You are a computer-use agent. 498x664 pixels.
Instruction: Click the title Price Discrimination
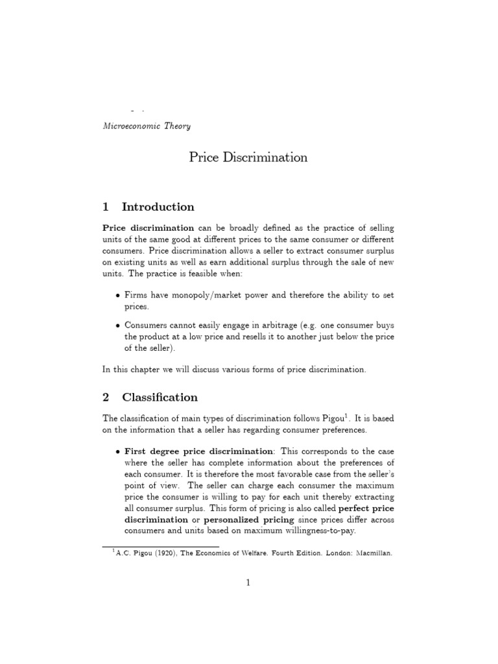(248, 158)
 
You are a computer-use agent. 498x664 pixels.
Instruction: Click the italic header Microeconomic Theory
(147, 126)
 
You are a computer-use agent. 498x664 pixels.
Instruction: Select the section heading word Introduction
(158, 207)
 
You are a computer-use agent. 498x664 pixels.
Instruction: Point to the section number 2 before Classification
(106, 397)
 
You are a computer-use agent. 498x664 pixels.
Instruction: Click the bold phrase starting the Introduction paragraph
(148, 228)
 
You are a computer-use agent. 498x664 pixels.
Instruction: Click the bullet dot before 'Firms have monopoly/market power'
(117, 295)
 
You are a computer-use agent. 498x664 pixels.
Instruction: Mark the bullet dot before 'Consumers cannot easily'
(117, 325)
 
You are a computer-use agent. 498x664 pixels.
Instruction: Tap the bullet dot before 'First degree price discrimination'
(117, 451)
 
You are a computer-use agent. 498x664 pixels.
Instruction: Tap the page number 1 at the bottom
(248, 583)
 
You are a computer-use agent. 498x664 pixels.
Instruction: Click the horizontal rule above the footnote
(133, 545)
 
